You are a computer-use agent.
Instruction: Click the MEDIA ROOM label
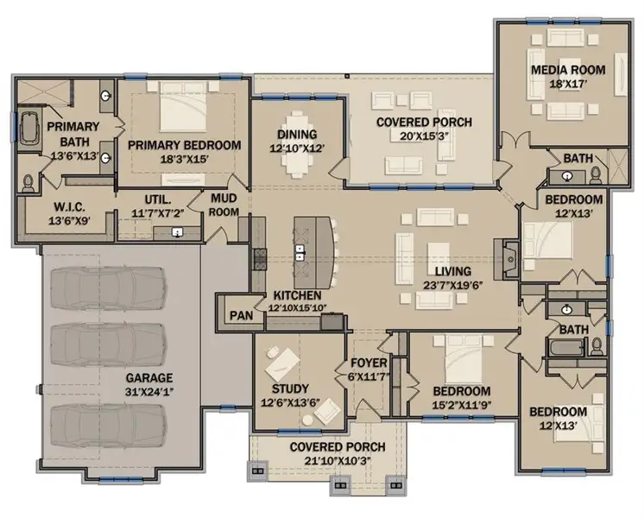tap(567, 69)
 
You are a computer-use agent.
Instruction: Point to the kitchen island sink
tap(300, 253)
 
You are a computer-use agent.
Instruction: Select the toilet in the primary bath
tap(28, 182)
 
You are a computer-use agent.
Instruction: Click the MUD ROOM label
tap(224, 204)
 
